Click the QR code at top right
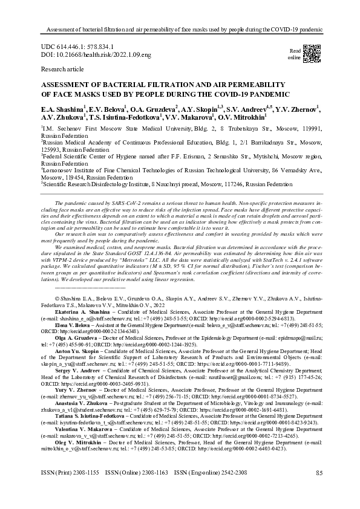pos(311,54)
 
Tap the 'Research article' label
pos(64,70)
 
